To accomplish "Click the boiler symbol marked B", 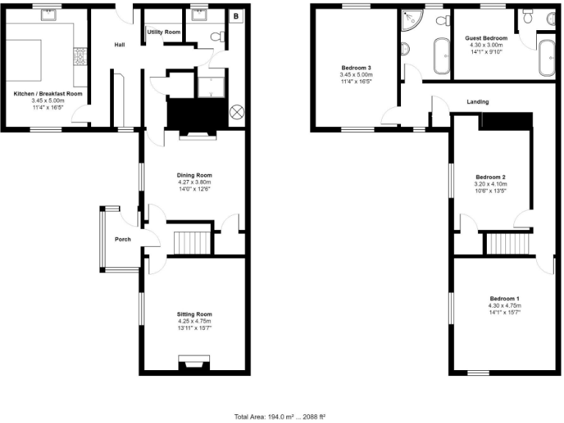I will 236,16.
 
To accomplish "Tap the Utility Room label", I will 163,32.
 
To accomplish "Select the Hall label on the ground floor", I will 119,46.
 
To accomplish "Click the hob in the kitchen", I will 79,54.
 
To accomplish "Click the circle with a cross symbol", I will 237,112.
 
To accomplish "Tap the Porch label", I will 123,239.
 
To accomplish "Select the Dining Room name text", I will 194,175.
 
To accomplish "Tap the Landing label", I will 477,102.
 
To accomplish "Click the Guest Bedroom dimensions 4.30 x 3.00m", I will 485,45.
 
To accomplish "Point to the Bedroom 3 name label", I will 355,68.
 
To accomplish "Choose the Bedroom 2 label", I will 491,177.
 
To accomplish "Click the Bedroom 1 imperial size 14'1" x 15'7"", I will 504,312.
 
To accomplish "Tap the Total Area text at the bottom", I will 281,416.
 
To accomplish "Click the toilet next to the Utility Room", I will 217,36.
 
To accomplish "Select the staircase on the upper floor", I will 507,242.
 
